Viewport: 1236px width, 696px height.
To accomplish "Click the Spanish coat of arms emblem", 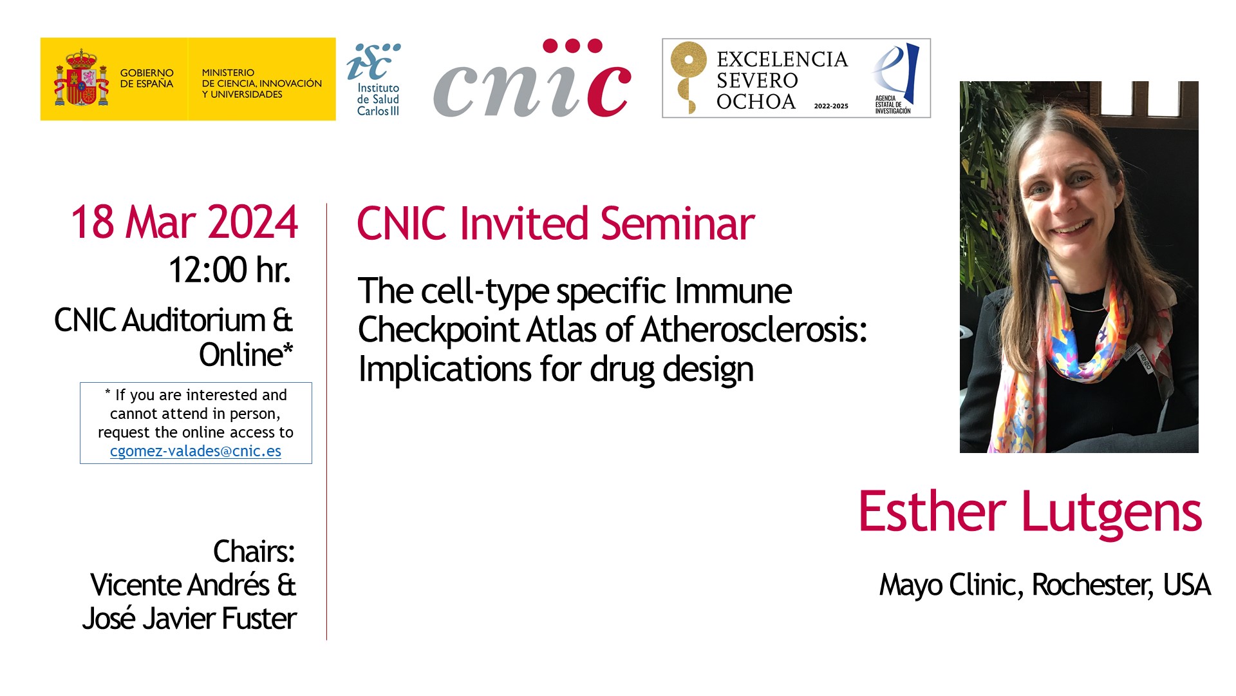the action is tap(82, 79).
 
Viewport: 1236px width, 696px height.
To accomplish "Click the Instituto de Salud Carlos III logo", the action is tap(374, 79).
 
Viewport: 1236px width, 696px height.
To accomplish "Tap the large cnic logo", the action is tap(532, 79).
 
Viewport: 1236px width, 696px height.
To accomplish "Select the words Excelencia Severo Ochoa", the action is tap(782, 81).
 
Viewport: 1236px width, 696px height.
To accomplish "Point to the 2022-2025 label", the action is tap(831, 106).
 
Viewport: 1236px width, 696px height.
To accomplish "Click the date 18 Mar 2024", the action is tap(185, 222).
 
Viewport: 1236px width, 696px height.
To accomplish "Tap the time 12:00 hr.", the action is tap(230, 269).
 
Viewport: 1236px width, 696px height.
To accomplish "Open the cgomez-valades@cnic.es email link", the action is tap(196, 451).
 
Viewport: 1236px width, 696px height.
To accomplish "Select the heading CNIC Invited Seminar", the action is tap(556, 224).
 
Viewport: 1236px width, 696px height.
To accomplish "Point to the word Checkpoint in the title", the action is tap(438, 331).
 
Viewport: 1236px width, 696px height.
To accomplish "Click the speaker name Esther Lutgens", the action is tap(1030, 512).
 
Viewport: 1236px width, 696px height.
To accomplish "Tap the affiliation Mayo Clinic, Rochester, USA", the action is tap(1045, 585).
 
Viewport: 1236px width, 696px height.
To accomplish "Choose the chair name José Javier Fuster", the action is tap(189, 619).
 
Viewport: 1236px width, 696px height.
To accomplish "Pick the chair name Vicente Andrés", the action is tap(180, 585).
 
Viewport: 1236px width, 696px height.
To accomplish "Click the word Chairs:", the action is tap(254, 552).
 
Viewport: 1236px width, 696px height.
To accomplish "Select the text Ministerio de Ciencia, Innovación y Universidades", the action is tap(261, 84).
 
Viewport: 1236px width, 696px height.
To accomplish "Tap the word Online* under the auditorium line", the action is tap(246, 355).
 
